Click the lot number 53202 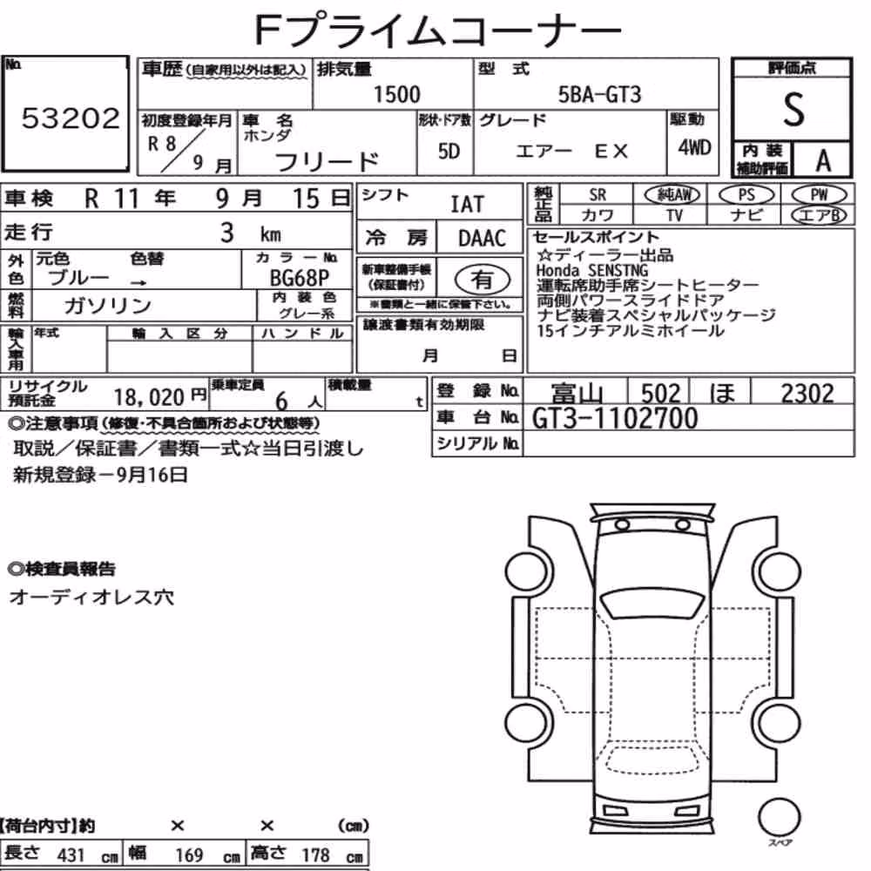(x=71, y=118)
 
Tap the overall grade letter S (x=793, y=110)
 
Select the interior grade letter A (x=823, y=161)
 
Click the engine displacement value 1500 (x=396, y=94)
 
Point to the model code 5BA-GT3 (x=599, y=94)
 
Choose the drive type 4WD (x=694, y=147)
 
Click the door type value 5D (x=449, y=151)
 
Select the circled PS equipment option (x=746, y=195)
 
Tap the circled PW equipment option (x=820, y=195)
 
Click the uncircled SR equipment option (x=598, y=195)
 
